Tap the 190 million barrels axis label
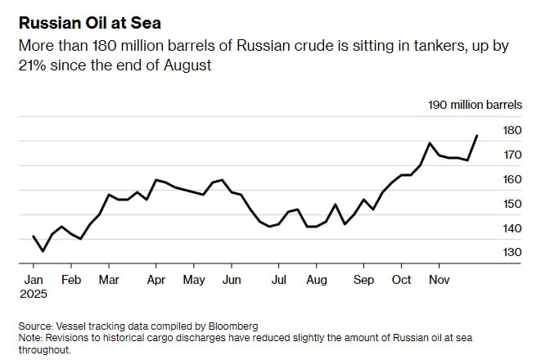pyautogui.click(x=475, y=105)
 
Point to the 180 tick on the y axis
pyautogui.click(x=512, y=130)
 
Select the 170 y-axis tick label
pyautogui.click(x=512, y=155)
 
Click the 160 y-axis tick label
pyautogui.click(x=512, y=179)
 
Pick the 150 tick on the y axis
pyautogui.click(x=512, y=204)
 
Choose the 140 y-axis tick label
pyautogui.click(x=512, y=228)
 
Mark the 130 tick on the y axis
pyautogui.click(x=512, y=253)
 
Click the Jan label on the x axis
pyautogui.click(x=33, y=280)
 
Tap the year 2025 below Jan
pyautogui.click(x=34, y=293)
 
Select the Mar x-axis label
pyautogui.click(x=109, y=280)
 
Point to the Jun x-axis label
pyautogui.click(x=232, y=280)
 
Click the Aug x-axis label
pyautogui.click(x=317, y=280)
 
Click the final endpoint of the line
pyautogui.click(x=478, y=136)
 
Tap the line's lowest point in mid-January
pyautogui.click(x=43, y=251)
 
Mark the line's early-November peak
pyautogui.click(x=430, y=143)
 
